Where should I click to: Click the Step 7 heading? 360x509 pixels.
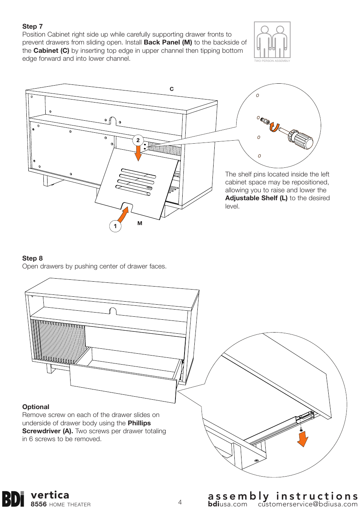(32, 26)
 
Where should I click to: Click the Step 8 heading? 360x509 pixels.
(32, 258)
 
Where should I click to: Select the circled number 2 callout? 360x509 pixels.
(138, 140)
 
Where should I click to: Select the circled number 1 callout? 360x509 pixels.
(115, 226)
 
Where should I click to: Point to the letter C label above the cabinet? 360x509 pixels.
(172, 89)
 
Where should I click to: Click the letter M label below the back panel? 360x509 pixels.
(140, 223)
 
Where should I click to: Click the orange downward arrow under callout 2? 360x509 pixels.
(138, 153)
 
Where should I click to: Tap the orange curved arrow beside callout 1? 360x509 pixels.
(123, 215)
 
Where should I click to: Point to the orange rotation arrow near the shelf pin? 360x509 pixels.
(274, 127)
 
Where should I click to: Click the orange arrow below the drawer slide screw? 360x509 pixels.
(303, 439)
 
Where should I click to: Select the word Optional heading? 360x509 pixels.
(36, 407)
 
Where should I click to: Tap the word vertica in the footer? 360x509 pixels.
(50, 495)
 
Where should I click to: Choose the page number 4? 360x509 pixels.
(180, 502)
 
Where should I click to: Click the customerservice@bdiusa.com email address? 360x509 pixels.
(308, 504)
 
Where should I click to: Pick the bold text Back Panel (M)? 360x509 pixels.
(168, 42)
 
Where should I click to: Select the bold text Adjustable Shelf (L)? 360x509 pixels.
(256, 198)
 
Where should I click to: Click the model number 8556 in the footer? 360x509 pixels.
(38, 504)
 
